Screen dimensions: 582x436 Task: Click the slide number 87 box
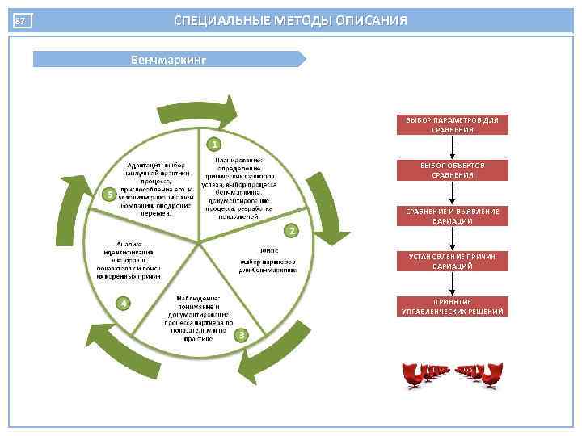(x=21, y=21)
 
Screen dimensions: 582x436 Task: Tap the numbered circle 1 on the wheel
(x=213, y=145)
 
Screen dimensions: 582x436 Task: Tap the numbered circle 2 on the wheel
(x=293, y=230)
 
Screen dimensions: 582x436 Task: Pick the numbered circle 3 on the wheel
(x=240, y=334)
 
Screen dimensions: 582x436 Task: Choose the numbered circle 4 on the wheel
(x=122, y=303)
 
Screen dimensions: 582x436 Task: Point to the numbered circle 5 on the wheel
(x=110, y=194)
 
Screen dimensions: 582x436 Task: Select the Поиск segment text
(x=268, y=260)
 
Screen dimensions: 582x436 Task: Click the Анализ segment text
(x=130, y=259)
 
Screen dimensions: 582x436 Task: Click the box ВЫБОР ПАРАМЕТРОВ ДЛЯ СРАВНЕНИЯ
(x=452, y=124)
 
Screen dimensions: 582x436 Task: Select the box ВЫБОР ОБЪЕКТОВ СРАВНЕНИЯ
(x=452, y=170)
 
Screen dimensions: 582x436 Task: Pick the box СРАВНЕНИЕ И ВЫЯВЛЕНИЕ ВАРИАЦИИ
(x=452, y=216)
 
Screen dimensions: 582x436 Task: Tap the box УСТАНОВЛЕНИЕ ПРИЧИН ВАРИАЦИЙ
(x=452, y=261)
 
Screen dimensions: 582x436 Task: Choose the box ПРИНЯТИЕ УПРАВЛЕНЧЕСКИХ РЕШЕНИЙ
(x=452, y=306)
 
